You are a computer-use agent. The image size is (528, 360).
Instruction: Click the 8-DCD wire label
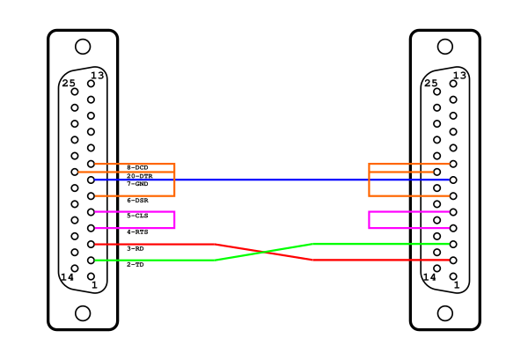click(x=137, y=167)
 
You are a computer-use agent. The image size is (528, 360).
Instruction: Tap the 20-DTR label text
click(x=139, y=176)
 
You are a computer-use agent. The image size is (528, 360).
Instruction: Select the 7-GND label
click(x=137, y=184)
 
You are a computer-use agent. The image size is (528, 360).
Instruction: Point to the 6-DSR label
click(x=137, y=201)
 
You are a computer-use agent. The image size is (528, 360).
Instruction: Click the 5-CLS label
click(x=137, y=216)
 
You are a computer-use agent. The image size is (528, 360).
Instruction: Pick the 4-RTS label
click(x=137, y=232)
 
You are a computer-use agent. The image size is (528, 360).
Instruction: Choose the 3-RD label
click(x=136, y=248)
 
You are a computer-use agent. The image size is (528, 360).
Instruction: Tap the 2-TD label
click(x=136, y=265)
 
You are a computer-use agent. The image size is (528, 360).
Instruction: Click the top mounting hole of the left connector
click(x=83, y=47)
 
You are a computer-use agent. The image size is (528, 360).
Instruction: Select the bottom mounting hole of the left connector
click(x=83, y=313)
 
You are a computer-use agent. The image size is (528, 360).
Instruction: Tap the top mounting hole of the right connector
click(x=445, y=47)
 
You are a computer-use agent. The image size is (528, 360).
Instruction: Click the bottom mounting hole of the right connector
click(x=445, y=313)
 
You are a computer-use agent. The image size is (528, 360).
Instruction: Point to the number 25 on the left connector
click(x=69, y=84)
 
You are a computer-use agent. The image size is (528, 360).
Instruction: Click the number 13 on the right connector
click(x=459, y=75)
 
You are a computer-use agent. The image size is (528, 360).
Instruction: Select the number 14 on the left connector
click(x=67, y=277)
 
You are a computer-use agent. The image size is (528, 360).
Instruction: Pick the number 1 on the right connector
click(x=457, y=285)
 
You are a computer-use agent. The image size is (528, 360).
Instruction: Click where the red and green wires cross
click(x=264, y=252)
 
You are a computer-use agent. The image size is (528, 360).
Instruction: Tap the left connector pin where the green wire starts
click(x=91, y=261)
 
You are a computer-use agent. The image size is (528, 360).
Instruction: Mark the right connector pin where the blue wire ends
click(x=453, y=180)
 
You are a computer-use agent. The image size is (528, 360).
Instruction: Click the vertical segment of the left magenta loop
click(x=174, y=220)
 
